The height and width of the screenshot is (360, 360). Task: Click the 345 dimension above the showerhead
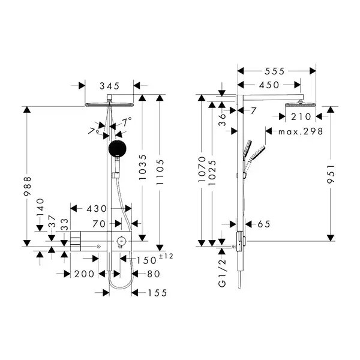(x=110, y=86)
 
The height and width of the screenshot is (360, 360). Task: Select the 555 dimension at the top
(x=275, y=71)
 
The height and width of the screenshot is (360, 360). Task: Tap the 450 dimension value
(x=269, y=85)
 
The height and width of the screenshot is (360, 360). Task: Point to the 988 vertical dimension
(x=28, y=186)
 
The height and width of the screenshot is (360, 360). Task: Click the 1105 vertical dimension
(x=160, y=172)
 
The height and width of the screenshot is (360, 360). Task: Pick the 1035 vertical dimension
(x=143, y=167)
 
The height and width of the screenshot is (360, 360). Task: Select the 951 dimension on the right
(x=331, y=174)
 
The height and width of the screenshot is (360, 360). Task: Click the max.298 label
(x=301, y=131)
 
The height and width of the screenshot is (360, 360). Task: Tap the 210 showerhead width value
(x=301, y=117)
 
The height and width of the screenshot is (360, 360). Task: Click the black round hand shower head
(x=118, y=148)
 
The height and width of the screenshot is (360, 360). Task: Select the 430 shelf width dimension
(x=97, y=209)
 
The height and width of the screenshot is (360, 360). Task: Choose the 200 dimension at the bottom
(x=84, y=274)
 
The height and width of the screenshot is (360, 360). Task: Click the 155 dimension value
(x=157, y=293)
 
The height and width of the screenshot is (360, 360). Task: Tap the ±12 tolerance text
(x=166, y=256)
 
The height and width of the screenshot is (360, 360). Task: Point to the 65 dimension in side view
(x=264, y=224)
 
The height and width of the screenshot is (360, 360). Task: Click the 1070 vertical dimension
(x=202, y=169)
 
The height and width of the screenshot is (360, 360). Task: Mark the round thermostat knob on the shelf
(x=121, y=241)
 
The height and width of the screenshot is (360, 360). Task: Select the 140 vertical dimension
(x=40, y=208)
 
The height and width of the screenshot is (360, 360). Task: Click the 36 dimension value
(x=222, y=120)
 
